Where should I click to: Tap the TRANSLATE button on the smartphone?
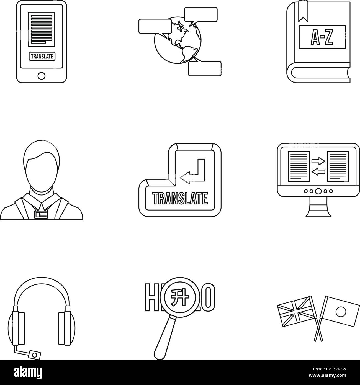42,56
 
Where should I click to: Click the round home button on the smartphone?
42,75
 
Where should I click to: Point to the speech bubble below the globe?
204,68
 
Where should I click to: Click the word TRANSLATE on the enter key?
180,198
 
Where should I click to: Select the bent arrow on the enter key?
194,170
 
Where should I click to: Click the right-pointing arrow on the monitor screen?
318,160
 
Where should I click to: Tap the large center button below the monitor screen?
318,191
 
